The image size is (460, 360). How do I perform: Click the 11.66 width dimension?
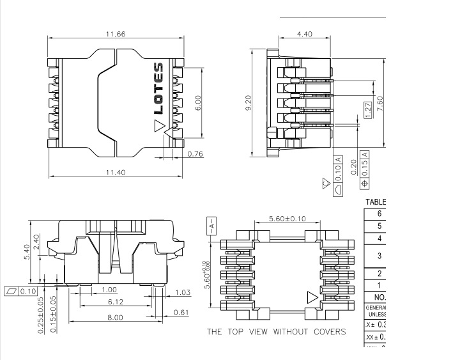(x=116, y=34)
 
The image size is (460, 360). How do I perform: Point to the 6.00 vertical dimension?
(x=197, y=103)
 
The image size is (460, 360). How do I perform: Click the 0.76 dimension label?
(x=196, y=153)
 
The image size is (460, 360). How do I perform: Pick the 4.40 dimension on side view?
(x=305, y=34)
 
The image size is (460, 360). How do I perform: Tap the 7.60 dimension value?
(x=380, y=104)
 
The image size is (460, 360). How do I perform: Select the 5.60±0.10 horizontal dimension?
(x=280, y=219)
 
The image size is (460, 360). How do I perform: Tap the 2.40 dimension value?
(x=36, y=241)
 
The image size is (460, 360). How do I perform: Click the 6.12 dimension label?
(x=115, y=301)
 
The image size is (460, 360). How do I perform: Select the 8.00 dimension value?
(x=115, y=317)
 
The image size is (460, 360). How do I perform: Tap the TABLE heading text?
(x=376, y=201)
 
